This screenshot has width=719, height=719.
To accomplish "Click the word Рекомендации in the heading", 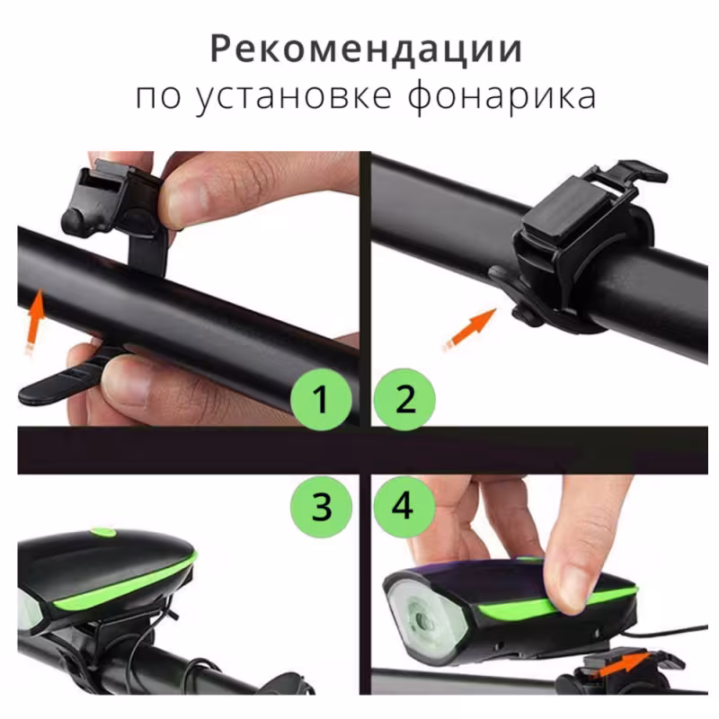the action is [x=366, y=49].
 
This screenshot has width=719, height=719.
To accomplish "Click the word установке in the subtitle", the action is [x=294, y=97].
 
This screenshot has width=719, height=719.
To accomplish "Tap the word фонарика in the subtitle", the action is [x=502, y=97].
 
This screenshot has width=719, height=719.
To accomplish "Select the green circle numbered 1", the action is [x=321, y=399].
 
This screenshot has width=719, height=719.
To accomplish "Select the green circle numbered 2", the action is [x=404, y=399].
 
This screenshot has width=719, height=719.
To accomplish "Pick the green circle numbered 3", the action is [x=321, y=507].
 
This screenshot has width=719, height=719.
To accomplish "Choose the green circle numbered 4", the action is [x=404, y=507].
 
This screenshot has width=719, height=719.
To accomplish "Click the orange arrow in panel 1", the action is [x=34, y=321].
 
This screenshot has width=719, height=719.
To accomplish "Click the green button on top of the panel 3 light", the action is [x=104, y=532].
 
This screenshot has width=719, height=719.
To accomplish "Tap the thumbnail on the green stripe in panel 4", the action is [x=569, y=590].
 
